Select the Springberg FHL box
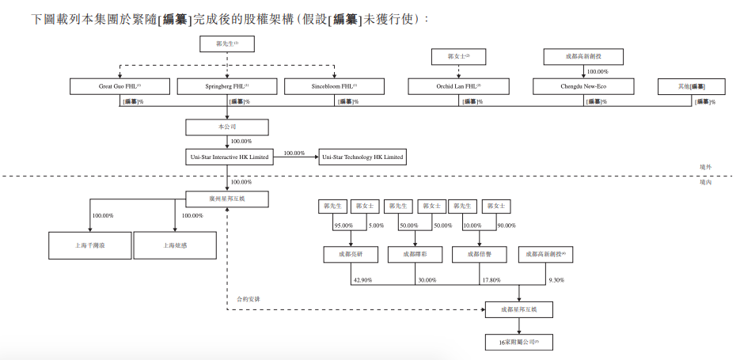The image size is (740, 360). [227, 86]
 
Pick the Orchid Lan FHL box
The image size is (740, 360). [458, 86]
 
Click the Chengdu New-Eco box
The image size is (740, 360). [583, 86]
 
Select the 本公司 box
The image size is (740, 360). [227, 127]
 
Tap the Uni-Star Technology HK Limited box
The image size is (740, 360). [362, 157]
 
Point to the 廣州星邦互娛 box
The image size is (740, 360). [227, 199]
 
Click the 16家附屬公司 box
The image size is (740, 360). [519, 342]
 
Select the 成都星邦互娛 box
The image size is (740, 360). [519, 310]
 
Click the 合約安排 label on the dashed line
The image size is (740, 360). [249, 300]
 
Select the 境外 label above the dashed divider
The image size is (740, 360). [706, 168]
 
